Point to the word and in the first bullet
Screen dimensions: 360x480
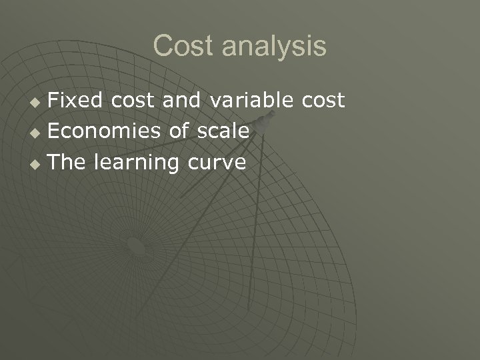tap(183, 101)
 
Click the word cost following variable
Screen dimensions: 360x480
tap(322, 101)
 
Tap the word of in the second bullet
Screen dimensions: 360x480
tap(179, 131)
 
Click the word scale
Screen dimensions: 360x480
tap(223, 131)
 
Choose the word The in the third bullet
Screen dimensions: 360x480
tap(67, 162)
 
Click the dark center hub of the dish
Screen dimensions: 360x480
tap(136, 247)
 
